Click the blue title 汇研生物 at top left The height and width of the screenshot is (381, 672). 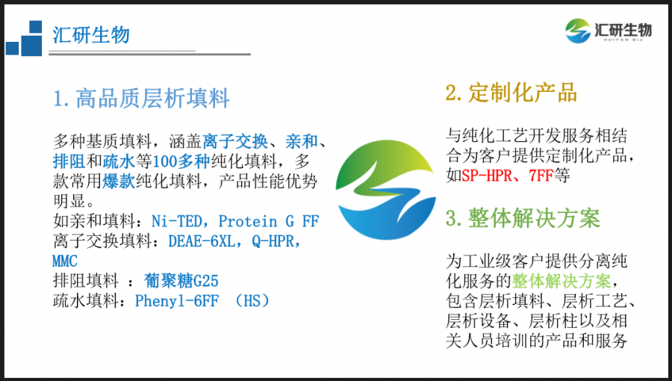click(91, 34)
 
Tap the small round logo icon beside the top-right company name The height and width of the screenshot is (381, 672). click(578, 31)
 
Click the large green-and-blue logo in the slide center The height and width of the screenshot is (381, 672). click(386, 190)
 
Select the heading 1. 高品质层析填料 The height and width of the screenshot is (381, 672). click(141, 98)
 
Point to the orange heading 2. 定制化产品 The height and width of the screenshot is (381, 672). click(511, 93)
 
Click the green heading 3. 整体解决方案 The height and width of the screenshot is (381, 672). click(523, 217)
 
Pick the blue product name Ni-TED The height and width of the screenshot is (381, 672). click(176, 221)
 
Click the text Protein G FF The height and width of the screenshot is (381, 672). click(269, 221)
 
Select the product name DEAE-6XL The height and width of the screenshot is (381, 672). click(202, 241)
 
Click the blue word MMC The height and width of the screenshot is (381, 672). click(65, 261)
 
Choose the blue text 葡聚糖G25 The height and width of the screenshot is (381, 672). click(181, 281)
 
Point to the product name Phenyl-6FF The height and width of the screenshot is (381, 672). click(177, 301)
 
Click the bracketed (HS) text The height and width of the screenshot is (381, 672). click(252, 301)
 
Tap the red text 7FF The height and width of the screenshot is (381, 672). click(541, 176)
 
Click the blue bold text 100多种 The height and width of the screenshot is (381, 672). click(181, 161)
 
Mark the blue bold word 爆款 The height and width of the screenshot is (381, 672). click(119, 182)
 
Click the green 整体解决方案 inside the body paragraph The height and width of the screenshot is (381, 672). click(561, 281)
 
